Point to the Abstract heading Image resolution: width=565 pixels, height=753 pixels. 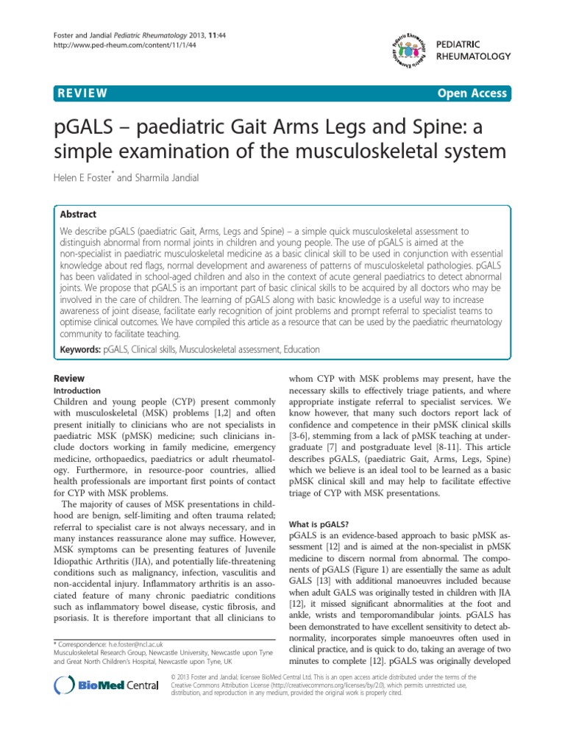[x=78, y=214]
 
